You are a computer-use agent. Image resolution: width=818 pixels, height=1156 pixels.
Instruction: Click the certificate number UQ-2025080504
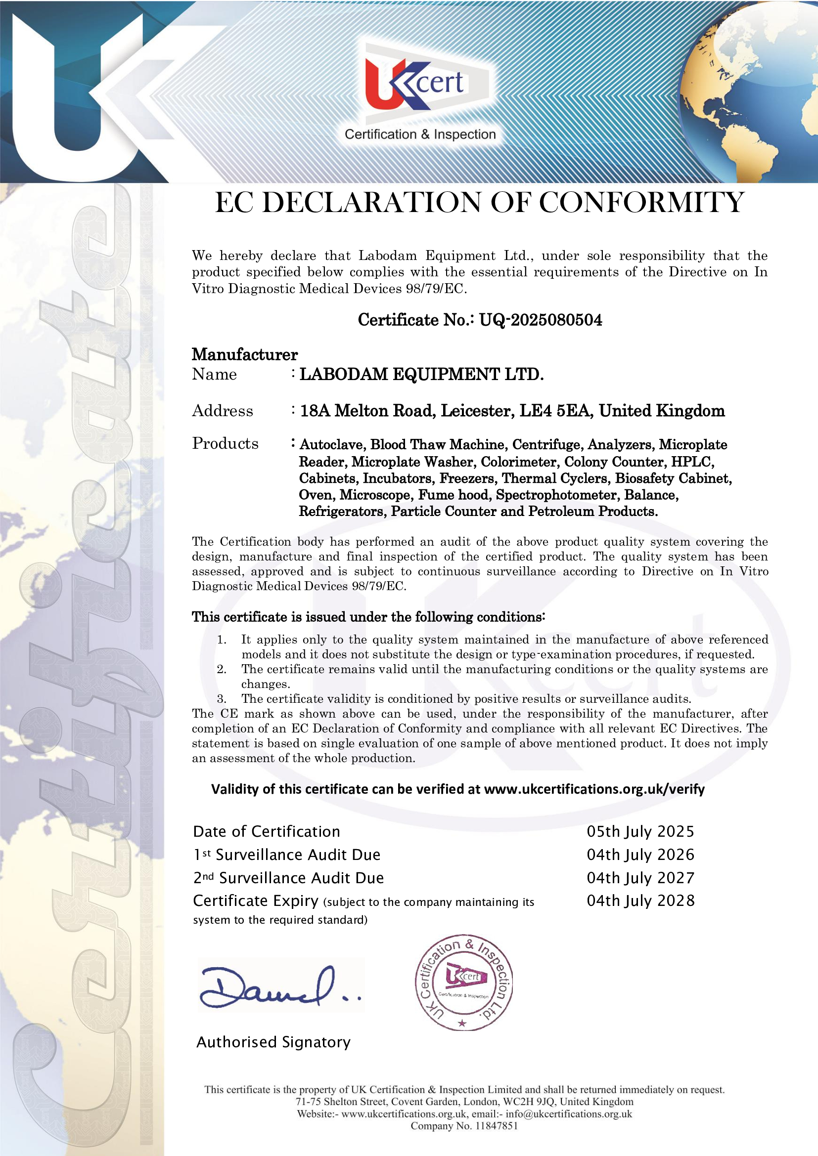point(540,320)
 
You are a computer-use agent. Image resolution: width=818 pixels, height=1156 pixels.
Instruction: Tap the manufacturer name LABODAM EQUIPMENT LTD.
point(421,375)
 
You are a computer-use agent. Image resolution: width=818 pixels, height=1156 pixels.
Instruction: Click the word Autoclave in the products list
point(332,445)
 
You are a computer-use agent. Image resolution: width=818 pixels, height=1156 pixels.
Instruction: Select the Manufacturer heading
point(244,354)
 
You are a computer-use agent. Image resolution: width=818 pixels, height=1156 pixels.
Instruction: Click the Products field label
point(225,443)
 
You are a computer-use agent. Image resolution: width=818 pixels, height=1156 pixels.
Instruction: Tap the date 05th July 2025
point(640,831)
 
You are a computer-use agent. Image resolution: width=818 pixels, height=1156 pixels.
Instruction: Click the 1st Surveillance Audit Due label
point(287,855)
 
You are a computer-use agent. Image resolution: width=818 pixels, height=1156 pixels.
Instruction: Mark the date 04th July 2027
point(640,878)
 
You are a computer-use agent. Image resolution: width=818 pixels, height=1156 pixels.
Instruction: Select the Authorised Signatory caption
point(273,1042)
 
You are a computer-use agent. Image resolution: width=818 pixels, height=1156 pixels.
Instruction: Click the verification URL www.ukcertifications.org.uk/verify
point(594,789)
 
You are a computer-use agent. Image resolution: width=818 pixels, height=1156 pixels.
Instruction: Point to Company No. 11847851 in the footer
point(464,1126)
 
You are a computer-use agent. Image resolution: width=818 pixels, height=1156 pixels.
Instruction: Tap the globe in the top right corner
point(756,86)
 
